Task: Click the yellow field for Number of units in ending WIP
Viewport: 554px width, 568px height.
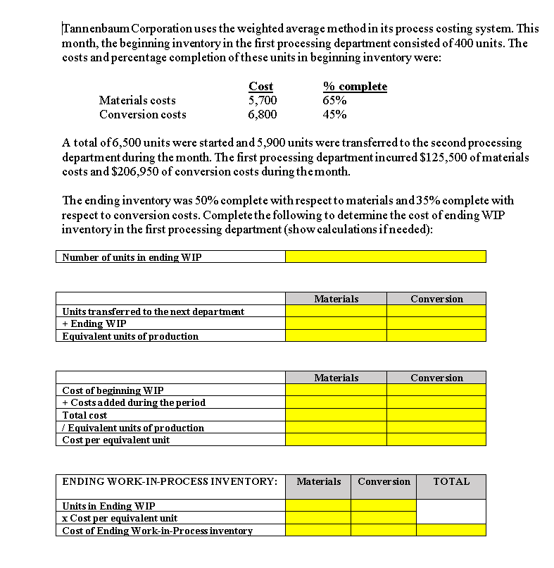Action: click(x=385, y=257)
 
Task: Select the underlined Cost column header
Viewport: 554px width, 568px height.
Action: click(x=261, y=86)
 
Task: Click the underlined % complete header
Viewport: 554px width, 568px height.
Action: click(x=355, y=86)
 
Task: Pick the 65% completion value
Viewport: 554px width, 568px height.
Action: click(x=334, y=100)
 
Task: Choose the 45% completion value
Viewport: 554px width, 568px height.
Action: click(x=334, y=114)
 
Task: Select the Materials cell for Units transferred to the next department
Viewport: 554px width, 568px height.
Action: click(x=336, y=311)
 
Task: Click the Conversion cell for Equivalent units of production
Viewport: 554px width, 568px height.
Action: click(x=436, y=336)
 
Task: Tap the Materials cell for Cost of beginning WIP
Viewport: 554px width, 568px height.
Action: click(x=336, y=390)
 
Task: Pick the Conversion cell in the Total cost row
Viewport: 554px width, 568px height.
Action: click(x=436, y=415)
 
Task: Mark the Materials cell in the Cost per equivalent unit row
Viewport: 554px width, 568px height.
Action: click(x=336, y=440)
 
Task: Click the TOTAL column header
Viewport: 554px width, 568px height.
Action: click(x=451, y=482)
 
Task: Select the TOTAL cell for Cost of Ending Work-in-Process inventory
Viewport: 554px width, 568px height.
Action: click(x=451, y=530)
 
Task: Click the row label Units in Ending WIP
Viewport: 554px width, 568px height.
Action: click(x=109, y=506)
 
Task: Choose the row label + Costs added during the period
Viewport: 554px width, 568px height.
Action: click(x=134, y=402)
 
